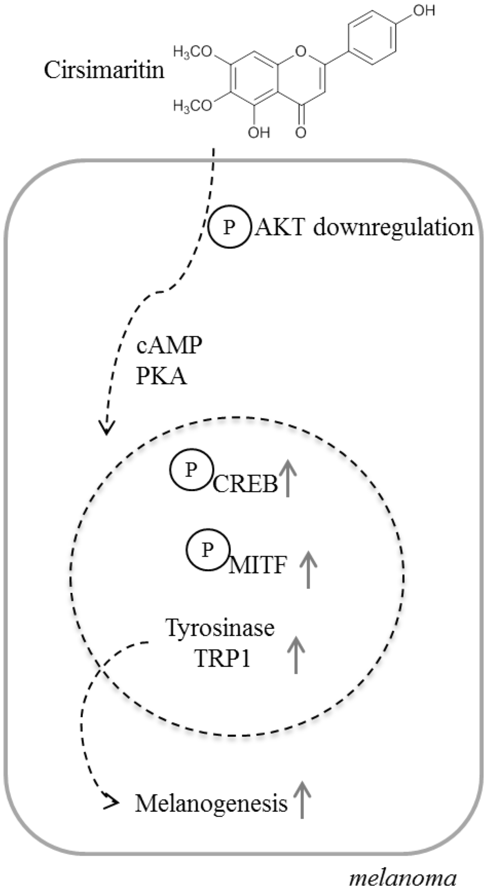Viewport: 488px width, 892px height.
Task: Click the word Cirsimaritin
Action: (x=104, y=71)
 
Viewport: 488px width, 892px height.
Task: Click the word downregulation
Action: (x=393, y=228)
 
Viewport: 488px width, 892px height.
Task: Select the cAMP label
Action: (x=169, y=345)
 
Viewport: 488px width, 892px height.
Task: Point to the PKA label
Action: (x=162, y=377)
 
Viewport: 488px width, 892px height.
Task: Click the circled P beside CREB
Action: (x=191, y=470)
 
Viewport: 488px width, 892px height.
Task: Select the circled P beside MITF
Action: (x=207, y=550)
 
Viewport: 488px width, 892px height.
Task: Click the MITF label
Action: (x=258, y=566)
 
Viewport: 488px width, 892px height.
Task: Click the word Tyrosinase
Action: (x=220, y=628)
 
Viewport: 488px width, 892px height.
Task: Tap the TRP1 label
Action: (x=223, y=659)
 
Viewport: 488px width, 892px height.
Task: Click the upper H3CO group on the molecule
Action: (x=192, y=52)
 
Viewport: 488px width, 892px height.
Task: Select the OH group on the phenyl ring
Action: (x=423, y=10)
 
